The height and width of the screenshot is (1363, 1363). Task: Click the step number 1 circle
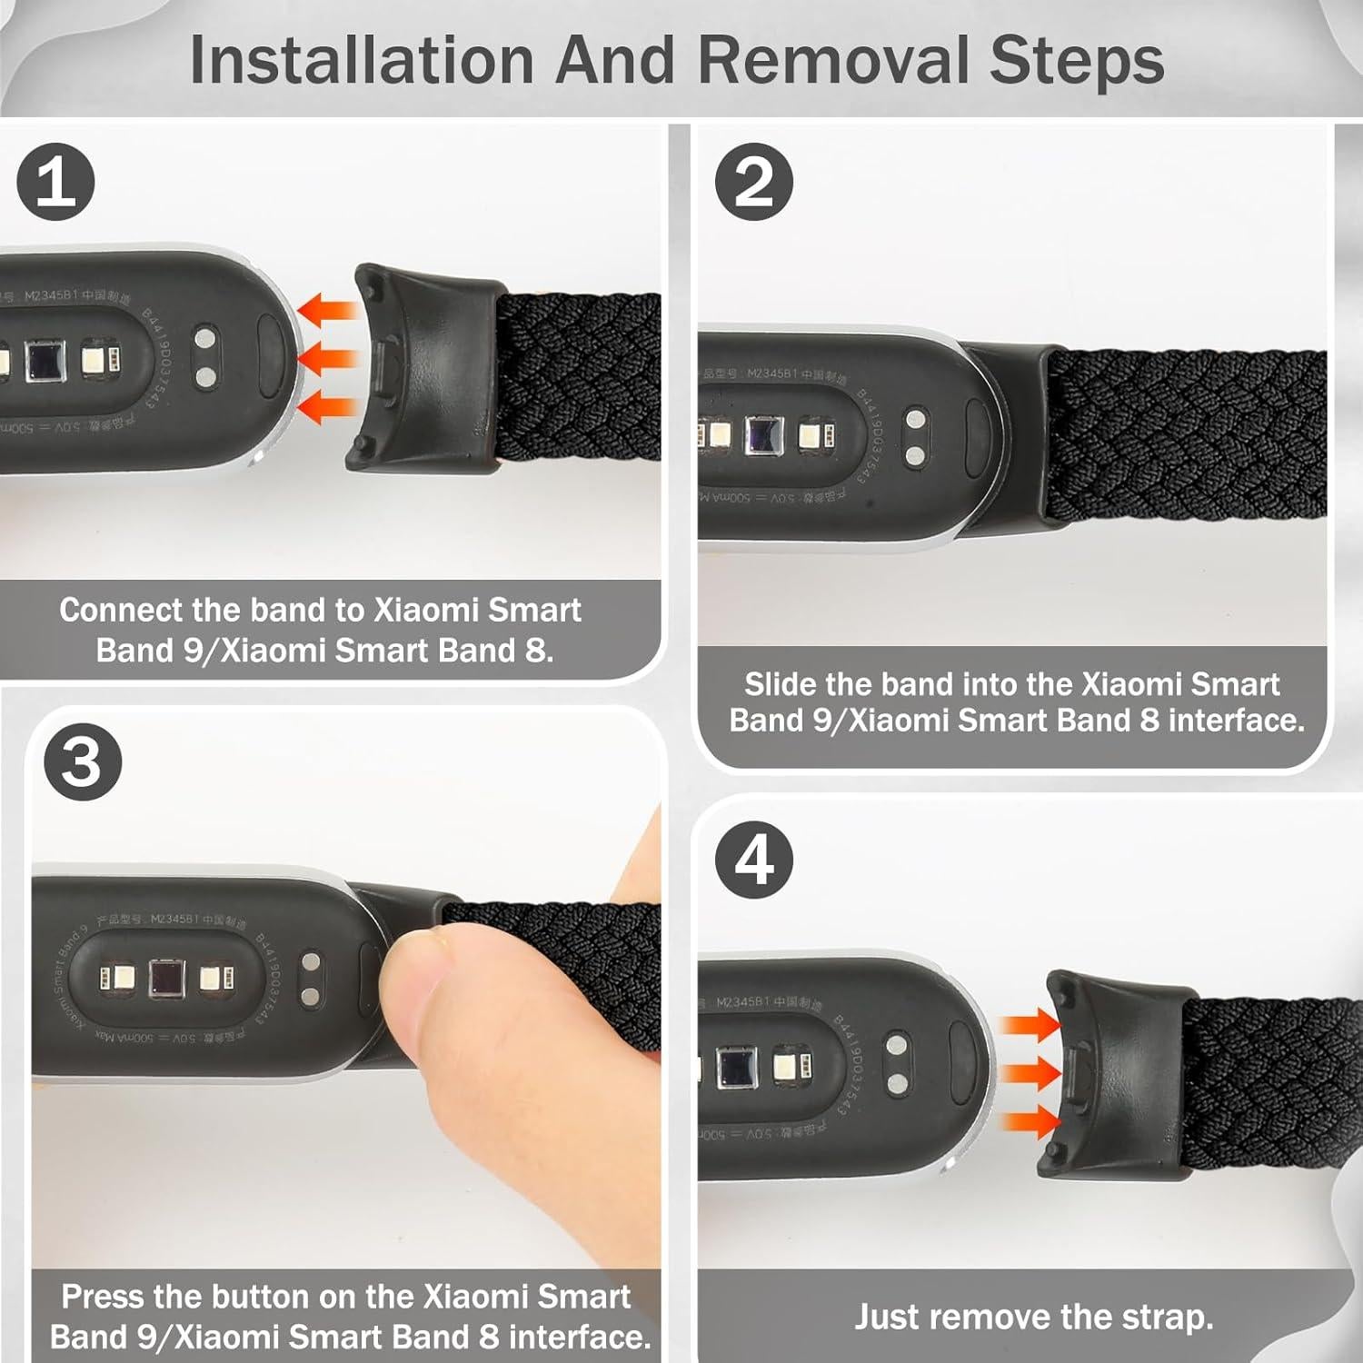click(x=55, y=182)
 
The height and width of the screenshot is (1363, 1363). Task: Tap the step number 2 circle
click(x=753, y=182)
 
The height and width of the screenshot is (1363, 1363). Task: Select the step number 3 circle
click(x=83, y=761)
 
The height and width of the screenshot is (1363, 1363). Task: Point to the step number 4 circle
click(x=753, y=860)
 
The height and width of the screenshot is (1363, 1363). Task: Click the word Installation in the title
click(x=361, y=61)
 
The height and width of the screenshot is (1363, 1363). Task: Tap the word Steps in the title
click(x=1077, y=61)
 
